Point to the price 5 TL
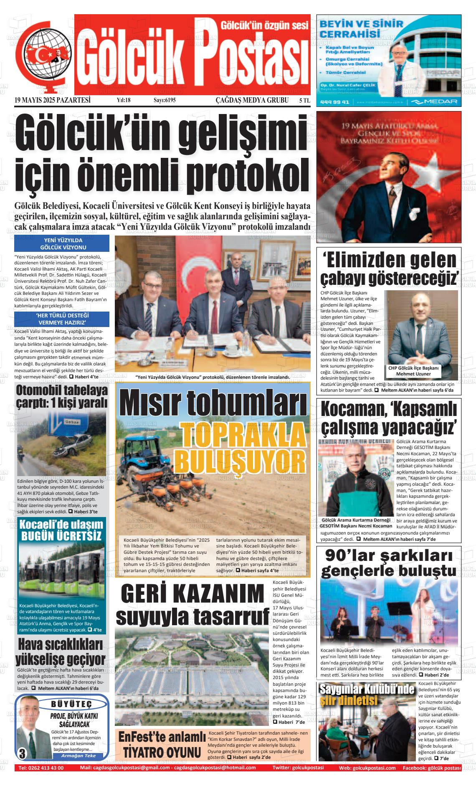point(304,100)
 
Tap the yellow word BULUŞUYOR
point(240,459)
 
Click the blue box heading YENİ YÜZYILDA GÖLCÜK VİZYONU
point(62,243)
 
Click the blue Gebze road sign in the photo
point(61,422)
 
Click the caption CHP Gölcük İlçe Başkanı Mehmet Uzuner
point(413,371)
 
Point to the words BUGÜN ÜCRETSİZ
point(61,536)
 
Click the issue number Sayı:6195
point(165,100)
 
